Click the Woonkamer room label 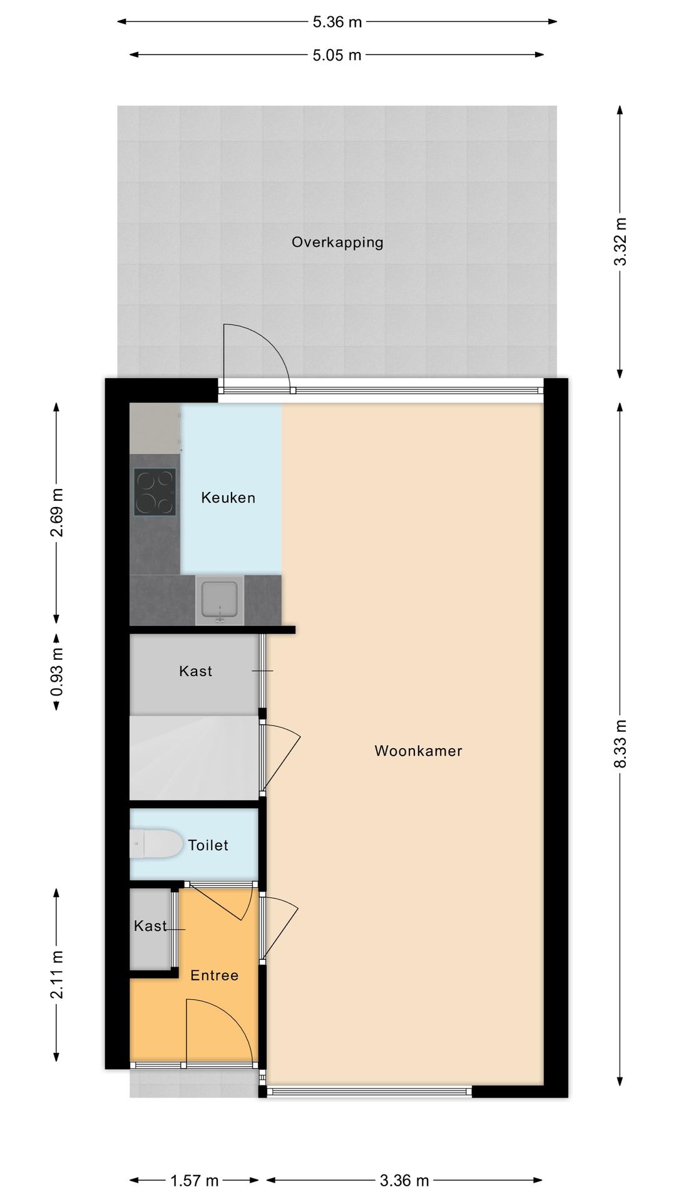point(418,751)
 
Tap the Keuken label point(228,498)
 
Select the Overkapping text point(337,242)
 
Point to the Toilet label point(208,845)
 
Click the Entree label point(214,975)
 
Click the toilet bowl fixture point(156,844)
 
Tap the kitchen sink point(219,600)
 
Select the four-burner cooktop point(155,492)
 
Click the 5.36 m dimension point(337,22)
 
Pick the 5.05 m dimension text point(337,55)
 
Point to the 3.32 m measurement point(620,242)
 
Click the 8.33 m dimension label point(620,744)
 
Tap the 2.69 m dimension point(56,513)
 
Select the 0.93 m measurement point(56,672)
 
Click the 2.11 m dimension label point(56,975)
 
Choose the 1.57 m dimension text point(195,1181)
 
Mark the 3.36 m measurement point(404,1181)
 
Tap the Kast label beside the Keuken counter point(195,671)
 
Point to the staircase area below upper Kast point(194,758)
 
